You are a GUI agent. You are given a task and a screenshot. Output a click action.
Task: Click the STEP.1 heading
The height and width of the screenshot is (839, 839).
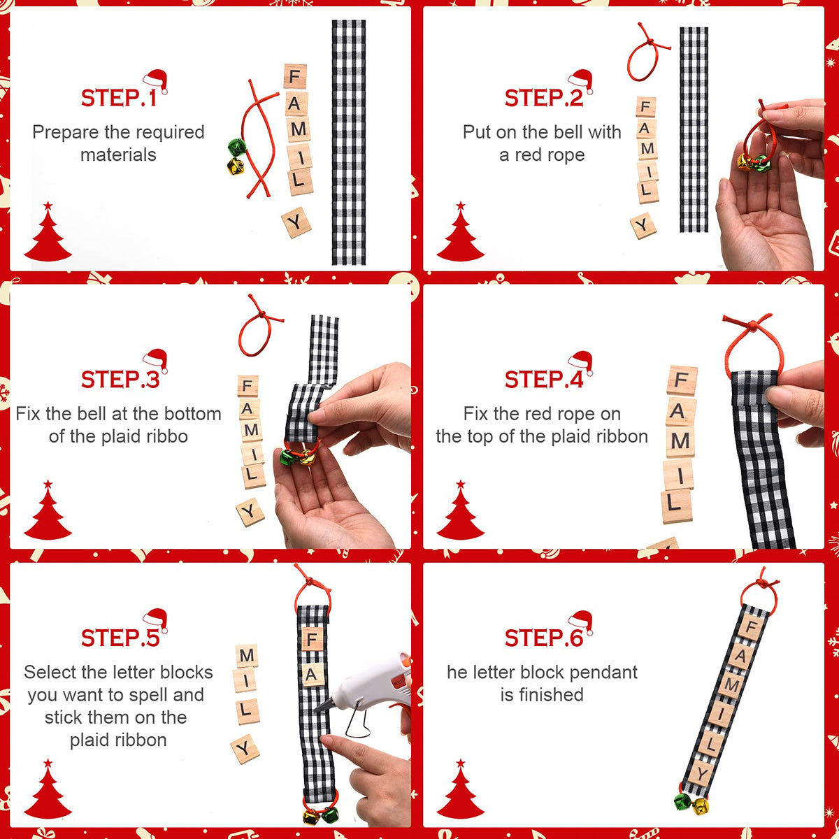[118, 97]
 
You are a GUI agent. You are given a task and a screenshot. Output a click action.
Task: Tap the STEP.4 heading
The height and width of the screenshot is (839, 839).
[544, 379]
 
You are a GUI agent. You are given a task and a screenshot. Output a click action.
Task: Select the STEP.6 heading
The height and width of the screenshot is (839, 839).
[544, 638]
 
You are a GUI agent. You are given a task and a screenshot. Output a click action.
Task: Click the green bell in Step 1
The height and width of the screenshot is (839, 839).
[237, 148]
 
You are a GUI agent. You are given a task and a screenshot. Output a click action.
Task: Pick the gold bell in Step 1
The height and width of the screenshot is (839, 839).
[236, 166]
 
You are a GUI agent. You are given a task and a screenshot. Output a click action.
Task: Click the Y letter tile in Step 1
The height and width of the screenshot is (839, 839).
[296, 222]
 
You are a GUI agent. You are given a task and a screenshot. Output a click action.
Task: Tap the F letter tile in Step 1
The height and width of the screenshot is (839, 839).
[295, 77]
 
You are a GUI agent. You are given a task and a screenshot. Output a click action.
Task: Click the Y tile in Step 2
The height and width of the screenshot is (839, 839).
[643, 226]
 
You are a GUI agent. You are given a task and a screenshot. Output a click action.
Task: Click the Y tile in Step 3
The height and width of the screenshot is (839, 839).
[250, 512]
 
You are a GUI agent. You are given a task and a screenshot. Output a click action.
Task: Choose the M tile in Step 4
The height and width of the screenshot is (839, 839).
[680, 441]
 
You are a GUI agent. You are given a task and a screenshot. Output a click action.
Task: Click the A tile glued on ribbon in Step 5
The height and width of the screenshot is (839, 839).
[311, 675]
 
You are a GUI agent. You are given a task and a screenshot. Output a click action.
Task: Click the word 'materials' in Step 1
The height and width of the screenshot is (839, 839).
[118, 155]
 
